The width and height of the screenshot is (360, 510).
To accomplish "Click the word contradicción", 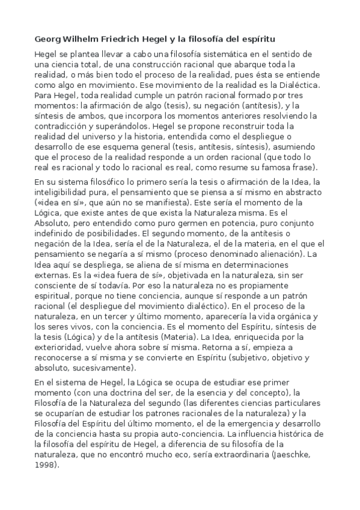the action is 61,127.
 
